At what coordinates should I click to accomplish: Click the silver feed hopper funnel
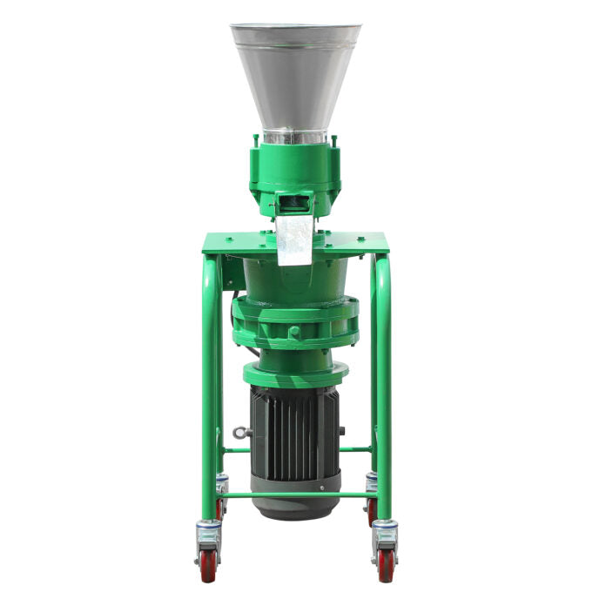point(295,74)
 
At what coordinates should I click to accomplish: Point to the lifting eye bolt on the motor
point(239,432)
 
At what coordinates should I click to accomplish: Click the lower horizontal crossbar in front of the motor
point(296,495)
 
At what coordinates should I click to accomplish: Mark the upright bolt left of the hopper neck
point(256,139)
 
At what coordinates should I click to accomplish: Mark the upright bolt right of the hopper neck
point(335,139)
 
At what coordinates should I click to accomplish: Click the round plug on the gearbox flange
point(294,332)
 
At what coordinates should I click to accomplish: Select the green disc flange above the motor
point(295,374)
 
